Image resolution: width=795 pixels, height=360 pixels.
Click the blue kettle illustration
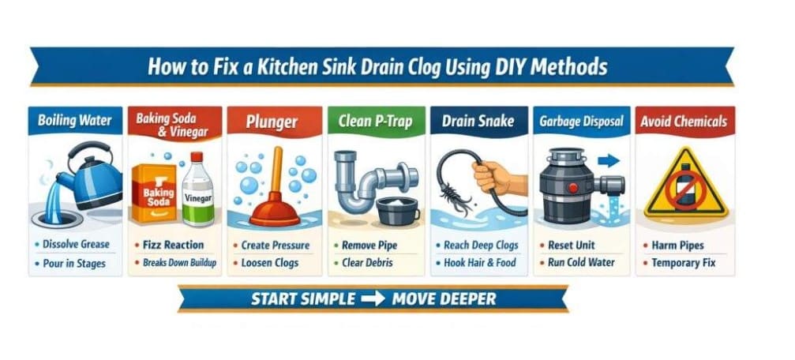92,175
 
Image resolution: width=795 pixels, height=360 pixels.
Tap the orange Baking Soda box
155,193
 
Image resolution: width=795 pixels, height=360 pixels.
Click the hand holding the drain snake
499,178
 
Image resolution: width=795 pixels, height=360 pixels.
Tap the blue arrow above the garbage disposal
609,161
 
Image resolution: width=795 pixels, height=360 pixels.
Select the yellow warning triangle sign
685,183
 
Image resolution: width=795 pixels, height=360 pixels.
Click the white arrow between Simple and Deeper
373,298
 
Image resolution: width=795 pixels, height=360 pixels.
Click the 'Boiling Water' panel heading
74,121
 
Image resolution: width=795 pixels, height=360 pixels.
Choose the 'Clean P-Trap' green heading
375,121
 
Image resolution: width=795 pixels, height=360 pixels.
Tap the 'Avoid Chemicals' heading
684,122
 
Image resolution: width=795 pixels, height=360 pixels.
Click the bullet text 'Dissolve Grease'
76,244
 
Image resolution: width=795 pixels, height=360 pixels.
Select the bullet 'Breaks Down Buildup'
179,263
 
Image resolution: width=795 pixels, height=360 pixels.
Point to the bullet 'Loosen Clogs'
270,263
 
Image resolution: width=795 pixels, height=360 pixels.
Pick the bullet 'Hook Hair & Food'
480,263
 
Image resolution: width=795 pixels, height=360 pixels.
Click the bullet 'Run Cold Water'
581,263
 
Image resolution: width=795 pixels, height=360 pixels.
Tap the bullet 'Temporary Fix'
684,263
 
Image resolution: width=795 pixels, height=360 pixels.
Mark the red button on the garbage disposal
573,188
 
